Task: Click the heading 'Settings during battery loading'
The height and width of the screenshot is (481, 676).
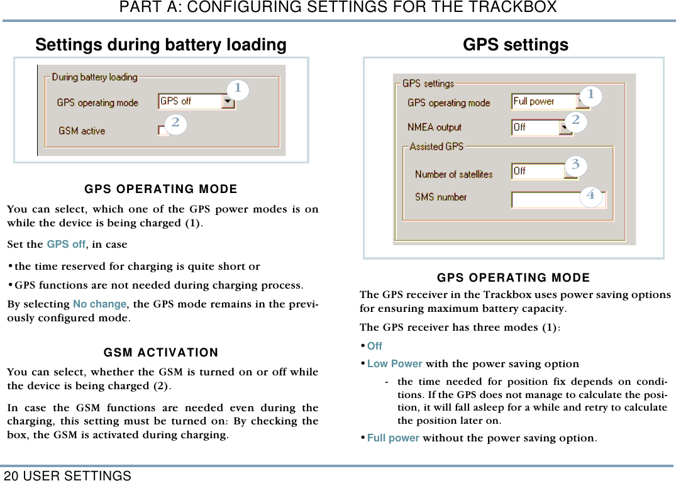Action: [x=160, y=45]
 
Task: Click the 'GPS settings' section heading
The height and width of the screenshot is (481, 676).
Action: [x=515, y=45]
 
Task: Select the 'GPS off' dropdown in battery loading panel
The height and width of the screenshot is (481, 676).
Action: [x=196, y=101]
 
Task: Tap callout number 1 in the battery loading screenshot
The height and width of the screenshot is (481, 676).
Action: [x=238, y=89]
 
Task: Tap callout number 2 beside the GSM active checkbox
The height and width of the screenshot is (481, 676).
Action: [x=175, y=123]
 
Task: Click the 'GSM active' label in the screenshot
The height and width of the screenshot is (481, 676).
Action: [x=82, y=131]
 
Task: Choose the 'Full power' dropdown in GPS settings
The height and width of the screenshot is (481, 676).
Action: [x=549, y=101]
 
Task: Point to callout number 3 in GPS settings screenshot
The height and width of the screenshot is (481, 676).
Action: [x=575, y=165]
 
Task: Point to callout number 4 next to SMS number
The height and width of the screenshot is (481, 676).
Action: [x=590, y=196]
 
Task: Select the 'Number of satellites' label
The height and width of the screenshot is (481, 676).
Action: [x=453, y=174]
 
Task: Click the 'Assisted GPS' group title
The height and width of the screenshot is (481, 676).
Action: [x=436, y=147]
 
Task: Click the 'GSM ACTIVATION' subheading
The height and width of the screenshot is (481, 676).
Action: [x=161, y=352]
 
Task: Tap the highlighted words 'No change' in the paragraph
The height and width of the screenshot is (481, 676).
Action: [x=99, y=304]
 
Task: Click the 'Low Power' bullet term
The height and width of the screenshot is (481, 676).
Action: [x=394, y=363]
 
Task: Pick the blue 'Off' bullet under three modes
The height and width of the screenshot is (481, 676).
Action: [x=374, y=346]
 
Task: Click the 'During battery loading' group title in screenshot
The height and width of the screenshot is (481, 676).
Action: [x=94, y=77]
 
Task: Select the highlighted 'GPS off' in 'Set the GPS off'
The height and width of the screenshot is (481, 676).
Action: [x=66, y=244]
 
